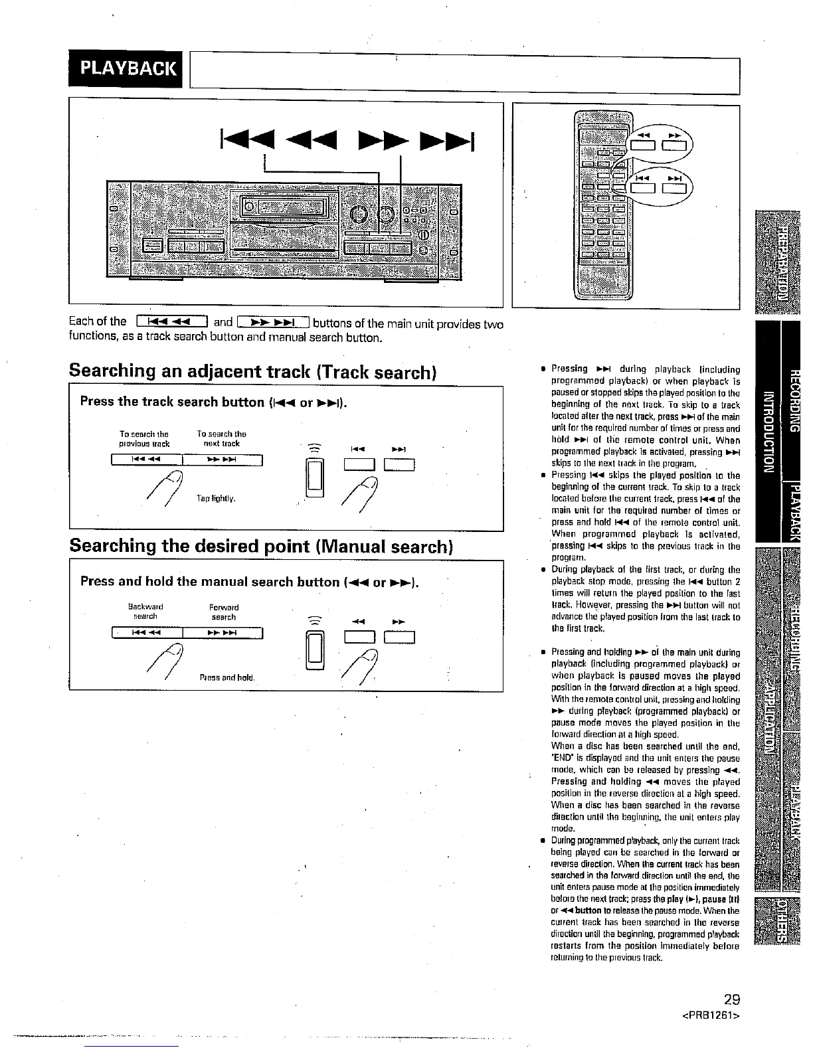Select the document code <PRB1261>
[711, 1016]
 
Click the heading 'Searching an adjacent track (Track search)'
[252, 371]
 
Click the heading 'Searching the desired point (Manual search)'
[261, 546]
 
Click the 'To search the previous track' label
[144, 438]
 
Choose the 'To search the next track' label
[221, 438]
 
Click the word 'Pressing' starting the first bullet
[569, 369]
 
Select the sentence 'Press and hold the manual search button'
[209, 582]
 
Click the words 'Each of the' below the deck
[97, 322]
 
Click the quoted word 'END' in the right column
[561, 758]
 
